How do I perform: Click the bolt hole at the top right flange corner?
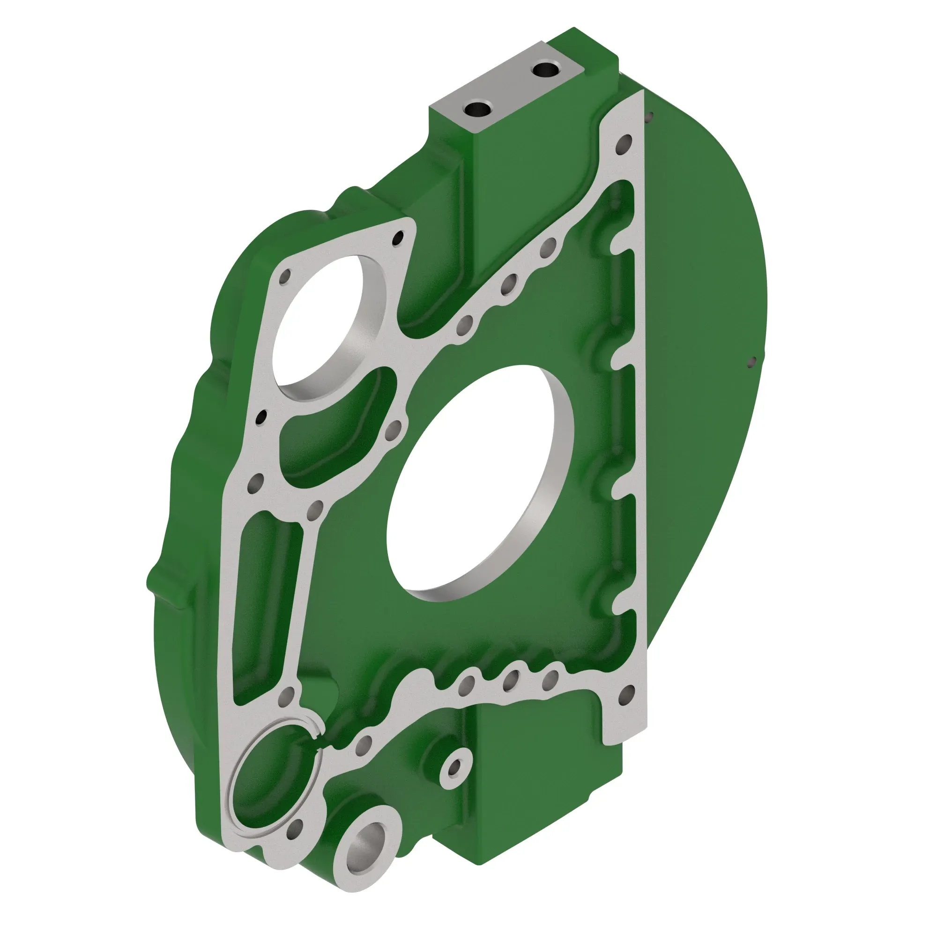pyautogui.click(x=624, y=143)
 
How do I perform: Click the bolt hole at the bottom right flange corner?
pyautogui.click(x=626, y=697)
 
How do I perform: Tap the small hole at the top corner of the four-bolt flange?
pyautogui.click(x=399, y=238)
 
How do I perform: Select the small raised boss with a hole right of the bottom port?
pyautogui.click(x=455, y=768)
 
